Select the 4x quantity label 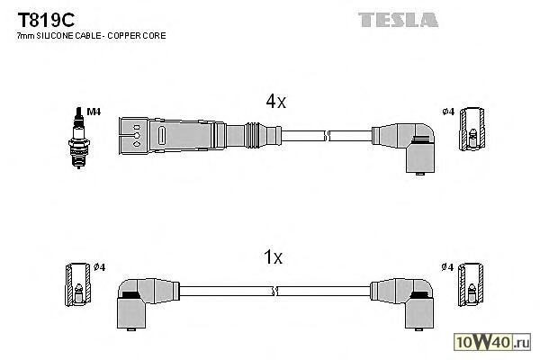[274, 103]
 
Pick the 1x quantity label [274, 258]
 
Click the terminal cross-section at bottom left [78, 286]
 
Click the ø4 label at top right [448, 112]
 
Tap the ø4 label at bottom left [100, 267]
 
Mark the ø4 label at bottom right [447, 267]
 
